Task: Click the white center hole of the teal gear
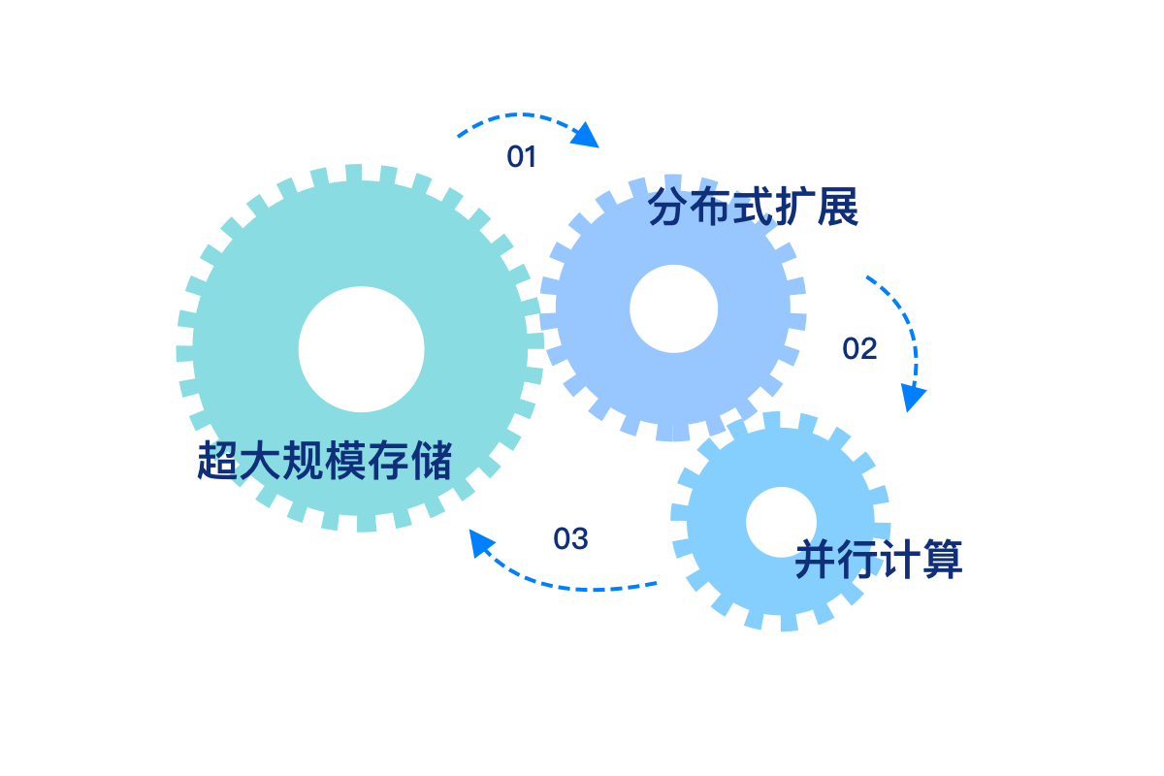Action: click(x=361, y=349)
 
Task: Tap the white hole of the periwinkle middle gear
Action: click(x=673, y=308)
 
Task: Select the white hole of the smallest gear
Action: click(x=781, y=522)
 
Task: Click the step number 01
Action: click(x=522, y=157)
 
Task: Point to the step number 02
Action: click(x=859, y=349)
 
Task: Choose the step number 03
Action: click(x=570, y=539)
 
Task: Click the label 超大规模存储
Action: click(x=325, y=461)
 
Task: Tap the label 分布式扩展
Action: click(x=754, y=207)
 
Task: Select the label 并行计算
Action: click(x=879, y=561)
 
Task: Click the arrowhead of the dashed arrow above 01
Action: click(x=586, y=136)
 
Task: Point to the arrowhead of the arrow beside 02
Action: click(x=912, y=397)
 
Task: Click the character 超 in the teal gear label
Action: click(x=218, y=461)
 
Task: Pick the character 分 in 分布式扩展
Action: click(x=669, y=207)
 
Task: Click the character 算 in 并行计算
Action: click(x=942, y=561)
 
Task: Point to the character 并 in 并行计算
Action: click(x=816, y=561)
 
